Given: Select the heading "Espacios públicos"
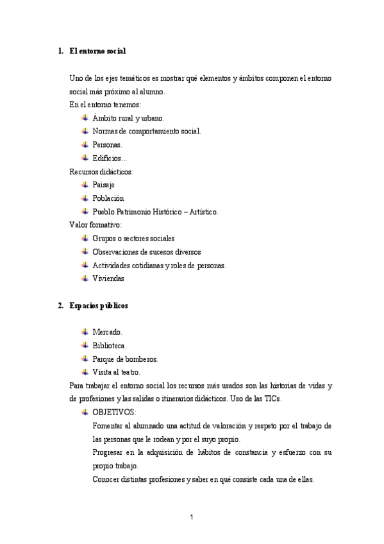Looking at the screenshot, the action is click(98, 306).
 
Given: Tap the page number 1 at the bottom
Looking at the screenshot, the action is click(192, 517).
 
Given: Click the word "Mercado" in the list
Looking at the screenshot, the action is click(106, 332).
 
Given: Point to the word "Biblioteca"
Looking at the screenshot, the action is click(109, 346).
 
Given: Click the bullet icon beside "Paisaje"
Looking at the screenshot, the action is click(85, 185).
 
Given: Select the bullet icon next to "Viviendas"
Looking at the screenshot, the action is click(85, 278).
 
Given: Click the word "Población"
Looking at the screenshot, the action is click(108, 198).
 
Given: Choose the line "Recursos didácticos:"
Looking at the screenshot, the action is click(101, 171).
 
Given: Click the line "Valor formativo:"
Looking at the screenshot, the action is click(95, 225).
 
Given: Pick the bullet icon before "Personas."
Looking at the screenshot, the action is click(85, 145).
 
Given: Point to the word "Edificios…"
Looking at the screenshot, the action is click(110, 158).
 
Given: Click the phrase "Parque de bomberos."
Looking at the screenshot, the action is click(125, 359).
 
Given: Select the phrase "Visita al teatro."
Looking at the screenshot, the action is click(116, 373).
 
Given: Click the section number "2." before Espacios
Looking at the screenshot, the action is click(61, 306).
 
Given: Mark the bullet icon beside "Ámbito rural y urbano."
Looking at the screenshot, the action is click(85, 118).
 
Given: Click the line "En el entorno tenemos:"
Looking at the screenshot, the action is click(105, 105).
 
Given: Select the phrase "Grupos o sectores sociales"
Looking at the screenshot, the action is click(133, 239).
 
